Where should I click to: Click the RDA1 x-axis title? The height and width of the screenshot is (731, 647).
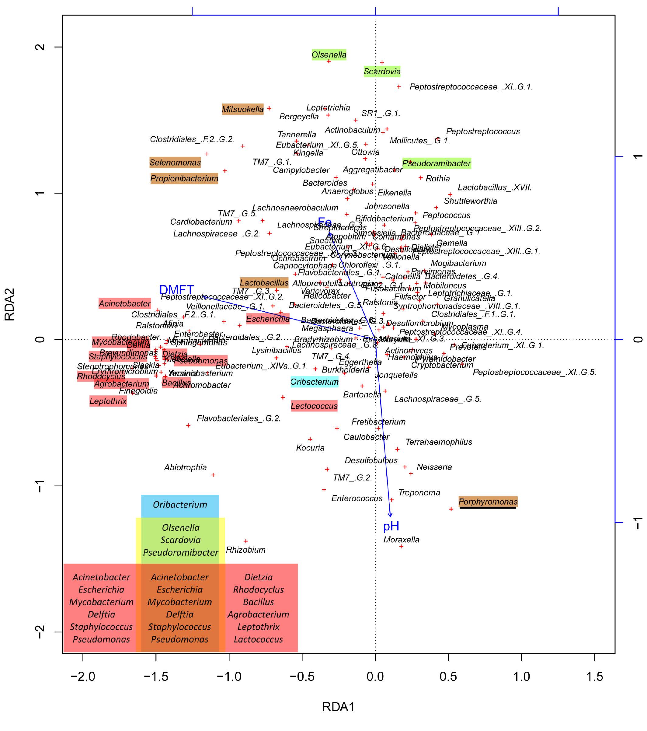[x=338, y=707]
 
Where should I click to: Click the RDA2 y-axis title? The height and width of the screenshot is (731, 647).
[x=9, y=304]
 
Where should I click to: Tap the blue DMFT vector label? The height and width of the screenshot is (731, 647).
[x=176, y=290]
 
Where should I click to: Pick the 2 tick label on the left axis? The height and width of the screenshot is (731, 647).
[x=40, y=47]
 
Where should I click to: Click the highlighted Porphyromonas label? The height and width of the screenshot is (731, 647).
[x=488, y=502]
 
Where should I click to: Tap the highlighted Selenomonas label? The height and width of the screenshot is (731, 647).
[x=175, y=163]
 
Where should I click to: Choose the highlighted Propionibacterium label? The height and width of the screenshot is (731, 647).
[x=184, y=178]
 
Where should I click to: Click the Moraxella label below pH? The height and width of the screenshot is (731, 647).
[x=401, y=539]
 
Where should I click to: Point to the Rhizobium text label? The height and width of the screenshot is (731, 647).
[x=245, y=550]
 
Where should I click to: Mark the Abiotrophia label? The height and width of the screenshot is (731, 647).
[x=185, y=467]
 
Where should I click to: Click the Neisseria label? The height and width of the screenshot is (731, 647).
[x=434, y=467]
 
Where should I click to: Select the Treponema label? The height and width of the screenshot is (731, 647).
[x=419, y=492]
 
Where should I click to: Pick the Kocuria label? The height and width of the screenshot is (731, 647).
[x=310, y=448]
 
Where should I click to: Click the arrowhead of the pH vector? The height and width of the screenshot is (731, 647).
[x=390, y=515]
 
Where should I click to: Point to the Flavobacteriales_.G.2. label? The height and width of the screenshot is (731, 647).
[x=238, y=418]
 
